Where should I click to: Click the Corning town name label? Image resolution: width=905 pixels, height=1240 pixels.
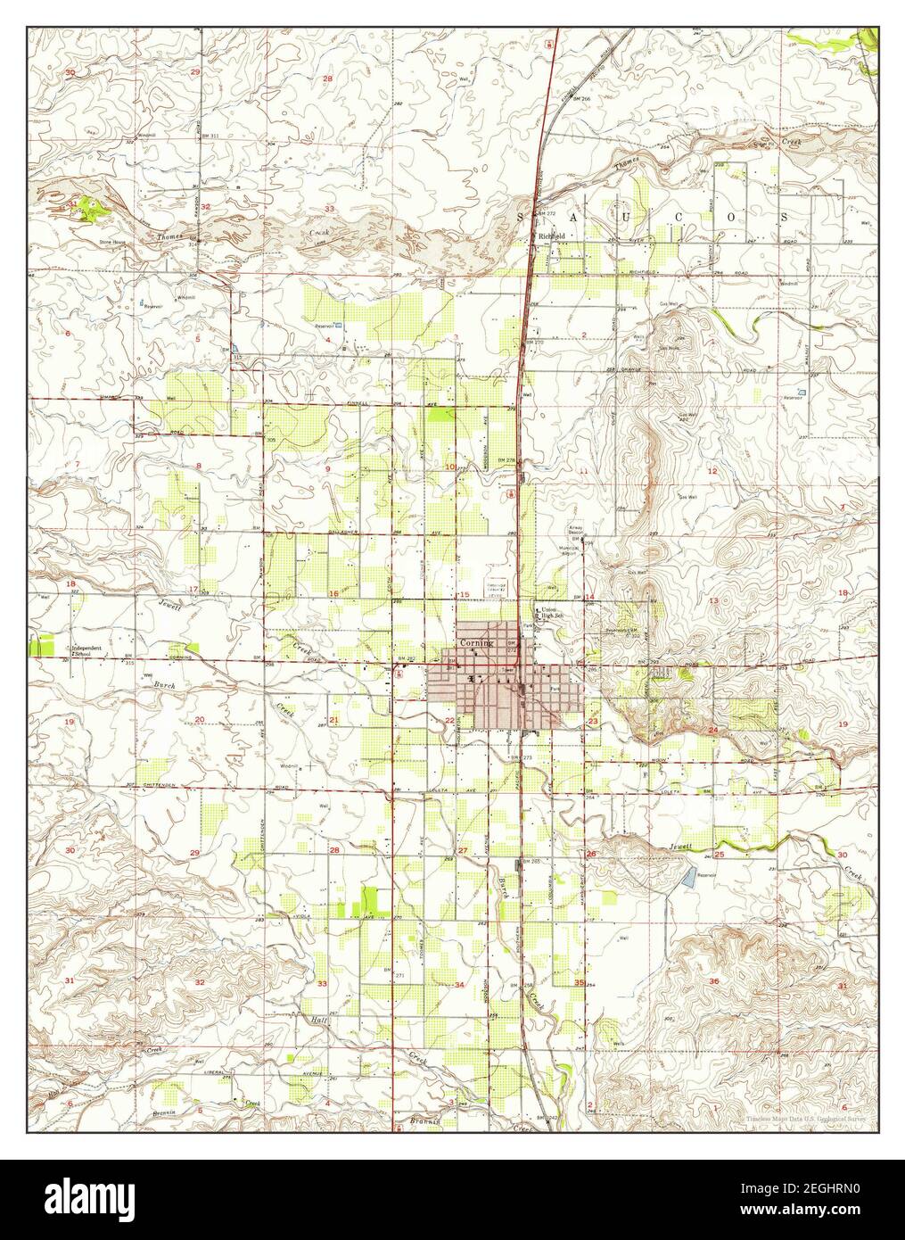476,642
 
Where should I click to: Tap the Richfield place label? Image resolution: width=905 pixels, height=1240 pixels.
548,236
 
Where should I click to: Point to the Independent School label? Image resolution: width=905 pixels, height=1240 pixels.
86,650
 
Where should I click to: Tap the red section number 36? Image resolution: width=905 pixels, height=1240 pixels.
713,981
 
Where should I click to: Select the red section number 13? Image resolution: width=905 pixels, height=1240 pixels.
712,601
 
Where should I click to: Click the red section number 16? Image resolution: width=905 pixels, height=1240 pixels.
333,594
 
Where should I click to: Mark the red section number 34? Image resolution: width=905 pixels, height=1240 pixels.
459,985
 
